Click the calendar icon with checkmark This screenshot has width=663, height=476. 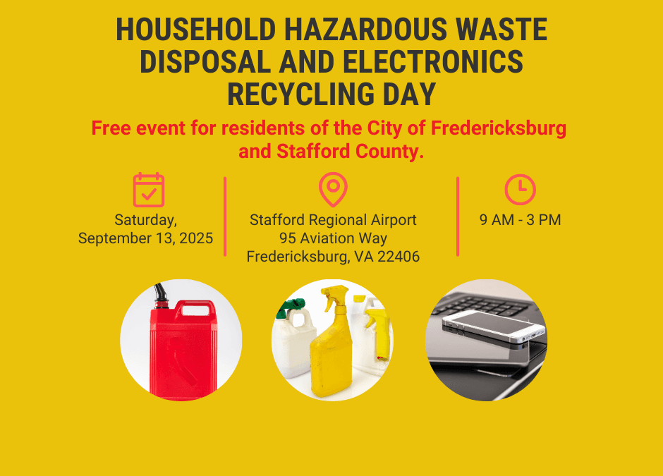point(149,190)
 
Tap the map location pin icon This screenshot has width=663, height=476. point(333,189)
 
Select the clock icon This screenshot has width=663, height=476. point(521,189)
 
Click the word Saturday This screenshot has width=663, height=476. point(145,220)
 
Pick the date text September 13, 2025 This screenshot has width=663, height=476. point(145,238)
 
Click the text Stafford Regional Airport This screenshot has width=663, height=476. point(333,220)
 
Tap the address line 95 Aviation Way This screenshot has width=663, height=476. point(333,238)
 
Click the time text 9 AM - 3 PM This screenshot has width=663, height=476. point(521,220)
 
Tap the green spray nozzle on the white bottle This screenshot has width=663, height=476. point(293,307)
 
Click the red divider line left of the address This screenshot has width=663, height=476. point(225,216)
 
